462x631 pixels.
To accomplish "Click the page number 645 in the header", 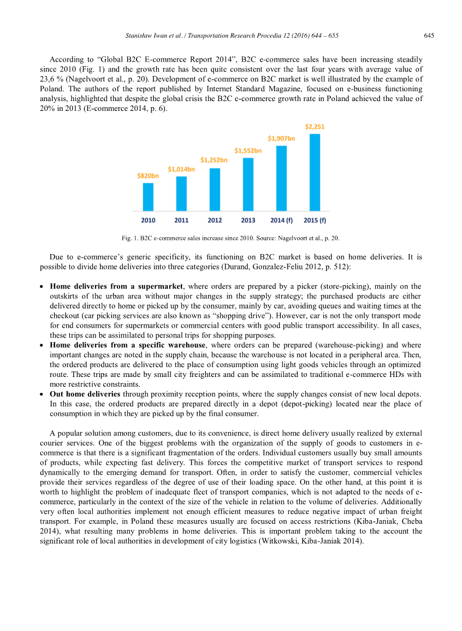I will [x=429, y=36].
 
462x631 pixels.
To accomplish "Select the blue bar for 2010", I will [x=148, y=197].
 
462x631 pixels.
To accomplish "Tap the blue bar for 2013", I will [x=248, y=184].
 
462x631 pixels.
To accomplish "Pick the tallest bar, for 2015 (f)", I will [x=315, y=172].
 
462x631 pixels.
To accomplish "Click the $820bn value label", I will [x=148, y=176].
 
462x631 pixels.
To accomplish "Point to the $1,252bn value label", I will [x=214, y=160].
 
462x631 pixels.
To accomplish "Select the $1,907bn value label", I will [x=281, y=138].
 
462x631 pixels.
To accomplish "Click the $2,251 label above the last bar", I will [x=315, y=127].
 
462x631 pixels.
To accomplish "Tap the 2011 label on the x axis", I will [x=181, y=221].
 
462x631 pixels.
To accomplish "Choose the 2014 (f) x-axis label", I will [x=281, y=221].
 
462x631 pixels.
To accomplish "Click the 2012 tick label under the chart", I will [x=215, y=221].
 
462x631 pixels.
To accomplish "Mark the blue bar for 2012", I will [x=215, y=189].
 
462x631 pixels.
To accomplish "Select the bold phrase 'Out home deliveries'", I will [x=85, y=394].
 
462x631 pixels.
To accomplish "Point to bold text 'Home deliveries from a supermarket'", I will [x=116, y=286].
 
